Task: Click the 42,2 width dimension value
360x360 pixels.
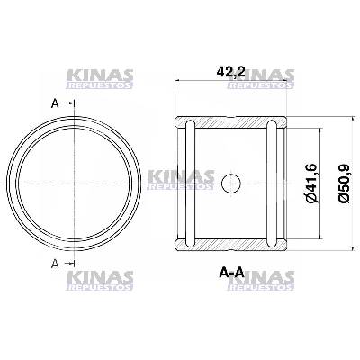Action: pyautogui.click(x=230, y=72)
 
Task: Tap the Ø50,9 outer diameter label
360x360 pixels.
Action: pyautogui.click(x=344, y=184)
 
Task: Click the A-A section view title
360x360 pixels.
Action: pyautogui.click(x=231, y=273)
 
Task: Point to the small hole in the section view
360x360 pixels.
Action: pyautogui.click(x=231, y=184)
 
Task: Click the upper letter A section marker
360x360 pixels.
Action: pyautogui.click(x=55, y=103)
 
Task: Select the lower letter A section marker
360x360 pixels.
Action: pyautogui.click(x=55, y=264)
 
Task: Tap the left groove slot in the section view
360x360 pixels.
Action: pyautogui.click(x=191, y=184)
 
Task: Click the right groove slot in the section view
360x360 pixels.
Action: pyautogui.click(x=272, y=184)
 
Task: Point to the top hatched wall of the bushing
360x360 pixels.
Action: pyautogui.click(x=231, y=122)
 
